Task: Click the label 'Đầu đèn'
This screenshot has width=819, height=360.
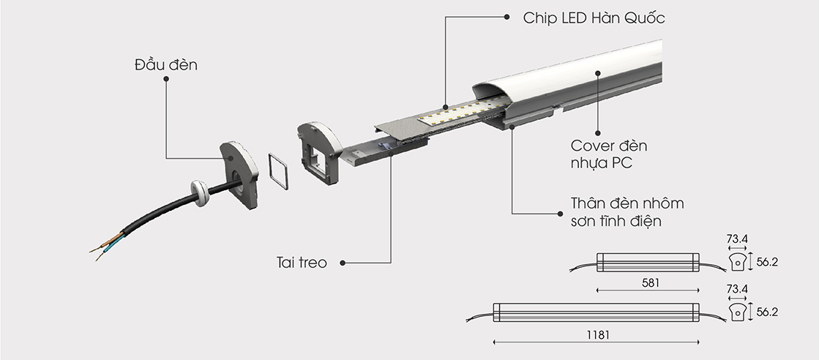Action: [166, 64]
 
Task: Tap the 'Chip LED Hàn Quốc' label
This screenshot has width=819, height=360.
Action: [594, 18]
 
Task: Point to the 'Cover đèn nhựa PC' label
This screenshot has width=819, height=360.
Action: [608, 154]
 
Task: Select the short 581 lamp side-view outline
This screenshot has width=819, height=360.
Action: [648, 262]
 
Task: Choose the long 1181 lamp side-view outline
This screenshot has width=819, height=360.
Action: [596, 312]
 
